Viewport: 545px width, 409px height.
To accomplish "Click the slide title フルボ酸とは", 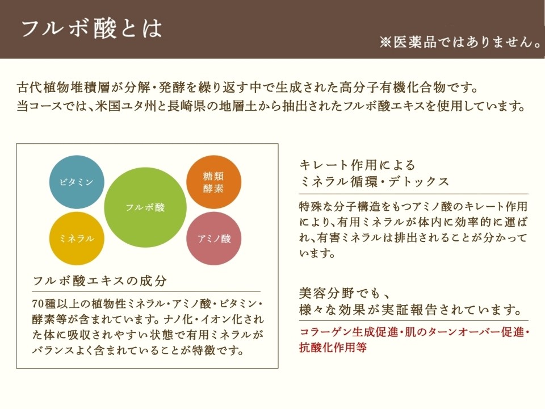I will (91, 28).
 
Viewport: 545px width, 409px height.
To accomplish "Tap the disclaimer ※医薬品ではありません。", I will (460, 42).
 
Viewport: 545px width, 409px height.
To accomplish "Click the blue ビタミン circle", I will (77, 182).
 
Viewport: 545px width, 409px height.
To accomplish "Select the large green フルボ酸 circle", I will (146, 207).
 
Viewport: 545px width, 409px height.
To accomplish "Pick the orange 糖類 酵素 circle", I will (213, 182).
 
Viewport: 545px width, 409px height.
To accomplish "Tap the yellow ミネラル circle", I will (77, 239).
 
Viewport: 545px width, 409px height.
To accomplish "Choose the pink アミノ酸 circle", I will (213, 239).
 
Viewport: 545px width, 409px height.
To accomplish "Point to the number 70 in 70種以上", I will (38, 302).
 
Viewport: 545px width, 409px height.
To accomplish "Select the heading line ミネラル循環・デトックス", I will (374, 182).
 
